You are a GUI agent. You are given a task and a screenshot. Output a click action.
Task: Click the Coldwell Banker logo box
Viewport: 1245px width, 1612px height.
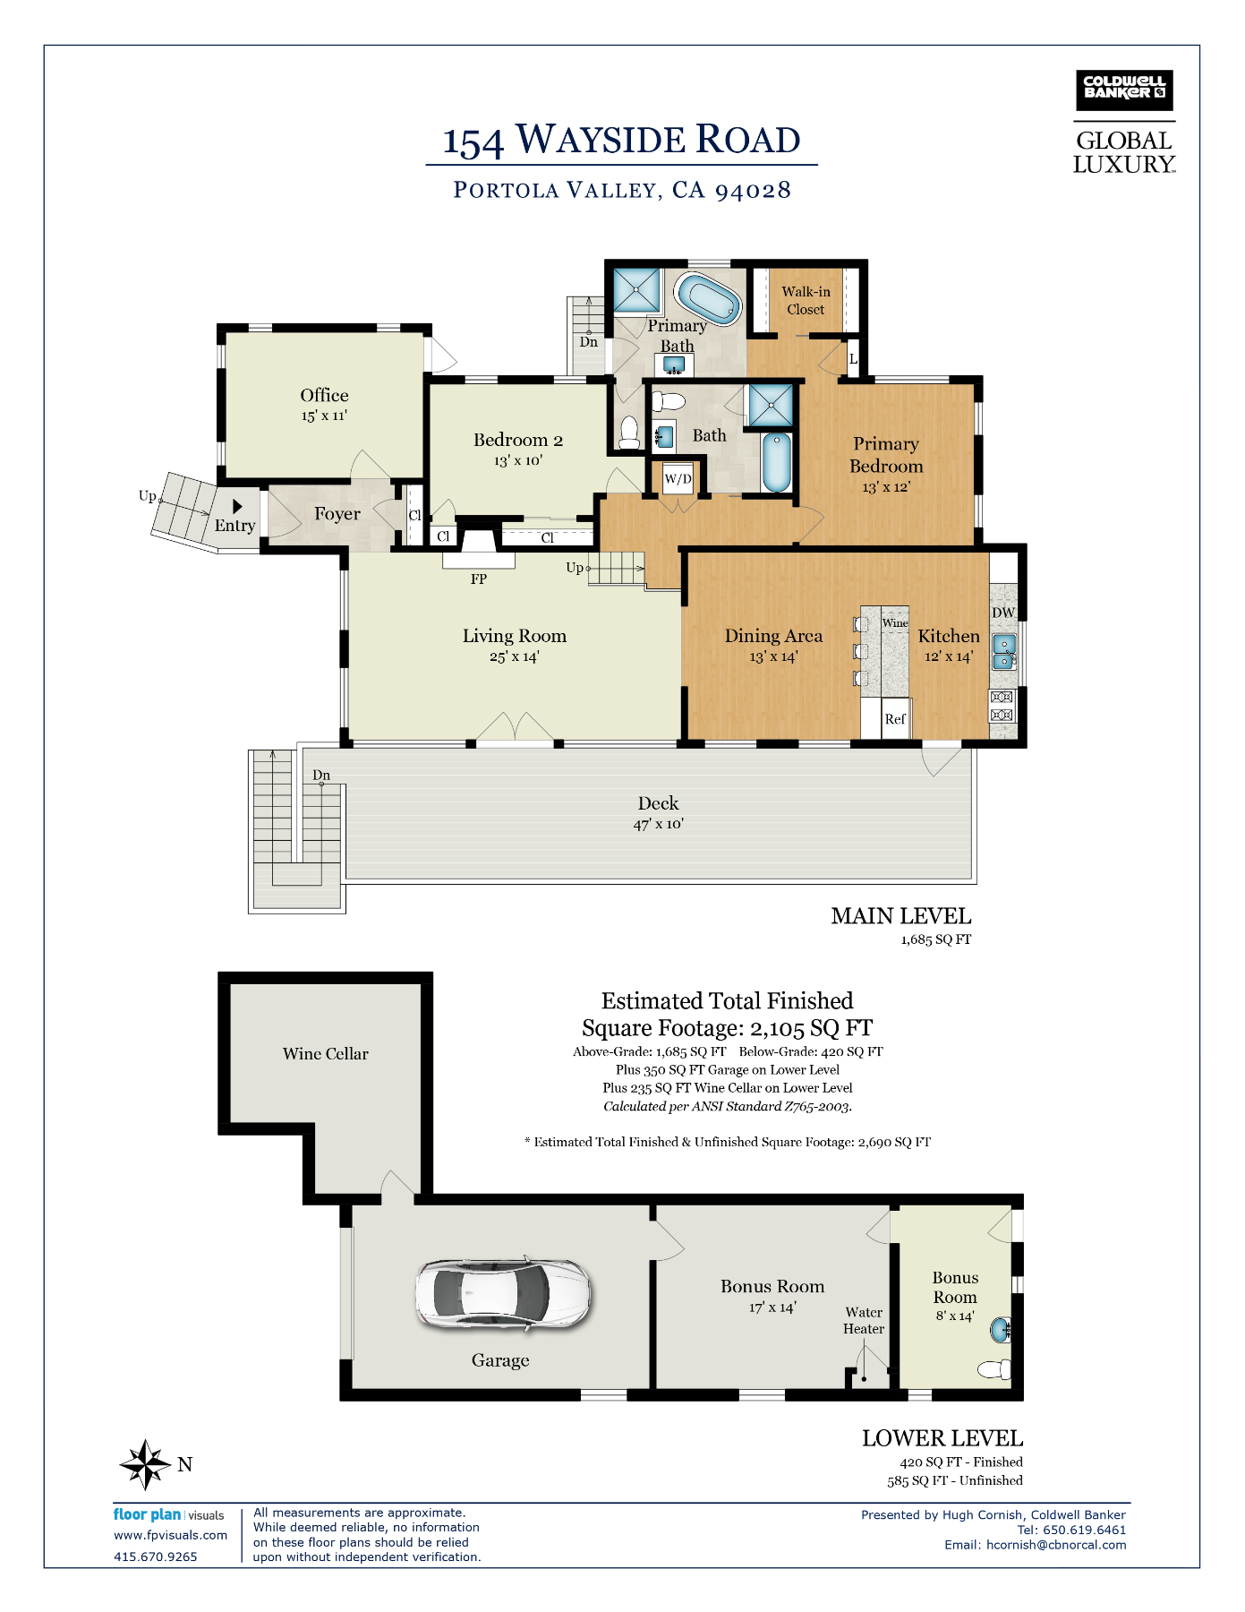pos(1123,90)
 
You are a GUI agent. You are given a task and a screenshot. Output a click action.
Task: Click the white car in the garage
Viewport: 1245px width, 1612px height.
pos(502,1295)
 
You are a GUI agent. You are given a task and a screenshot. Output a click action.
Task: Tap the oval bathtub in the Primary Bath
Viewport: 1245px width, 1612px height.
pos(708,299)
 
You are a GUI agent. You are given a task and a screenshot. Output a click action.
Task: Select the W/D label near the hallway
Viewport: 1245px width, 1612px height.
pos(678,479)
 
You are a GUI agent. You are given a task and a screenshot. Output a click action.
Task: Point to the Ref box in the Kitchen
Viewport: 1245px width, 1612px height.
pos(894,719)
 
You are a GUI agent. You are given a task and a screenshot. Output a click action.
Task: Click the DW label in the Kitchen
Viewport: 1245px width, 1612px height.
pos(1003,613)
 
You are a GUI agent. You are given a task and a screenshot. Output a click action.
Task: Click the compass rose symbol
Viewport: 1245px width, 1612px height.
pos(145,1464)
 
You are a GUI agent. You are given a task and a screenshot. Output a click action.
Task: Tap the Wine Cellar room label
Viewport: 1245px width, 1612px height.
pos(325,1054)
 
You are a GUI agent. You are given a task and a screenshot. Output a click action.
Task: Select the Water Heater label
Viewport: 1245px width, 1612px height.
pos(864,1321)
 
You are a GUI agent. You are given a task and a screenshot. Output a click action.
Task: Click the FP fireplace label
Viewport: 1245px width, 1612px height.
pos(479,579)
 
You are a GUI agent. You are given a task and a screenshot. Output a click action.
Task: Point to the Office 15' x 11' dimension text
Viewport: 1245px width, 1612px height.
pos(324,416)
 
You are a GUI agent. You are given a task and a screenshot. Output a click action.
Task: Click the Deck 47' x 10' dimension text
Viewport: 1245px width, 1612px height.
pos(659,824)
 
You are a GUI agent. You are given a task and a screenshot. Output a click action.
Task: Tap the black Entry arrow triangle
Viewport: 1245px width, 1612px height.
pos(237,507)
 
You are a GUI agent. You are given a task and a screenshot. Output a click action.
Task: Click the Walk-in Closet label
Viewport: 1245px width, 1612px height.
pos(806,301)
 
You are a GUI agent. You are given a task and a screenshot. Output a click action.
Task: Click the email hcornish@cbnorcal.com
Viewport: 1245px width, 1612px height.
pos(1056,1545)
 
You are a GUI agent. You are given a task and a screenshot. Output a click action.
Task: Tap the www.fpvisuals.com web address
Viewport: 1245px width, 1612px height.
pos(170,1535)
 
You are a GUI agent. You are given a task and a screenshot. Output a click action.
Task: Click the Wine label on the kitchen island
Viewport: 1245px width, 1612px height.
pos(895,623)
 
